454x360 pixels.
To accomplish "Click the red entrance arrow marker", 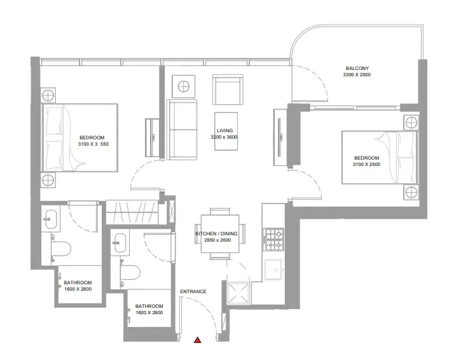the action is (x=198, y=340).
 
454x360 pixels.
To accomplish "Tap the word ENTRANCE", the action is (x=193, y=292).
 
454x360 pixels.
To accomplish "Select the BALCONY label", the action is (x=357, y=68).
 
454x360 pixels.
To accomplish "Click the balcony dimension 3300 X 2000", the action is (x=357, y=74).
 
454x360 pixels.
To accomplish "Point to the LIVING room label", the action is (x=224, y=130).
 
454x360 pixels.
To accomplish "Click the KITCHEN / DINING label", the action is (x=217, y=233).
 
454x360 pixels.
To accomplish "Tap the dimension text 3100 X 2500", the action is (x=366, y=165).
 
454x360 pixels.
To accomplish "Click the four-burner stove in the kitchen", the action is (x=273, y=240).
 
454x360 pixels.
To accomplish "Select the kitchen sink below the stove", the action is (x=273, y=270).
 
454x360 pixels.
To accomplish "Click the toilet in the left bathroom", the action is (x=61, y=249).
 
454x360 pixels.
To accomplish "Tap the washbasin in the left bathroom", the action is (x=51, y=219).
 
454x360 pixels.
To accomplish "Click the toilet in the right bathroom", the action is (x=130, y=272).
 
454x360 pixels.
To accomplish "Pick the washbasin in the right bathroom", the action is (x=120, y=243).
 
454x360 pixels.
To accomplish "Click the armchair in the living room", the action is (x=228, y=90).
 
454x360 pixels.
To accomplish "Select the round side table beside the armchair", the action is (x=184, y=87).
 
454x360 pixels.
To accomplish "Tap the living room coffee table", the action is (x=226, y=131).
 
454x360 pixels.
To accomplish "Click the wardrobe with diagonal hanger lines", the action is (x=132, y=212).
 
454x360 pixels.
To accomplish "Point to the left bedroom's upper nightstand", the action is (x=48, y=95).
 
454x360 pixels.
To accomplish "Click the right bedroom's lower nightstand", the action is (x=411, y=192).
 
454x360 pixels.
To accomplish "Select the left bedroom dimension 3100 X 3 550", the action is (x=93, y=144).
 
